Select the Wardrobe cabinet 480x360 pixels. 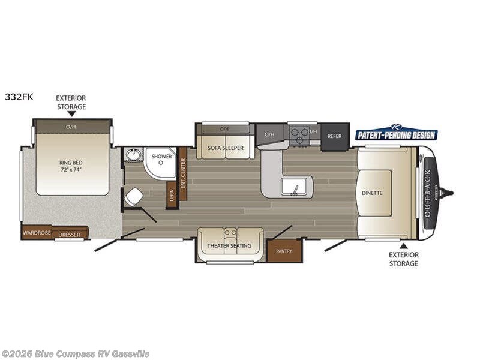coord(36,232)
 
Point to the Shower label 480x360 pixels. coord(161,157)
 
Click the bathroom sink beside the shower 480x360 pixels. coord(133,155)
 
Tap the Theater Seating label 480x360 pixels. coord(229,246)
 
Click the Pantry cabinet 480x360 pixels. coord(284,251)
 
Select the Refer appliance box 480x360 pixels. coord(334,136)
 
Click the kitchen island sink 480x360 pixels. coord(294,187)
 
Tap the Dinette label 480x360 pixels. coord(372,193)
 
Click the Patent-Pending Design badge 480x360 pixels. coord(397,134)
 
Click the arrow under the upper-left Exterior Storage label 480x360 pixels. coord(71,113)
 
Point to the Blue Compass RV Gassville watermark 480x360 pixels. coord(76,353)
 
